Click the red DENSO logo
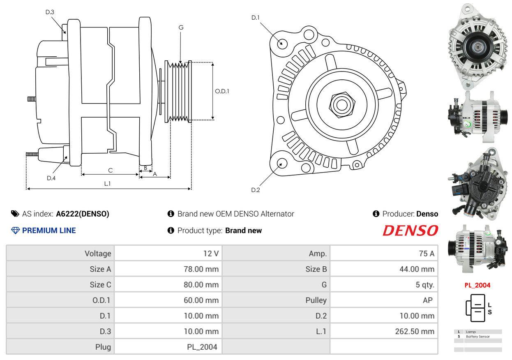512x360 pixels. point(410,231)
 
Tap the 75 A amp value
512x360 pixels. point(426,254)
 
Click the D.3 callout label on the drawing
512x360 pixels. point(50,12)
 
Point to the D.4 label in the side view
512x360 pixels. point(51,178)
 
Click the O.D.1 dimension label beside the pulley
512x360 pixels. point(222,91)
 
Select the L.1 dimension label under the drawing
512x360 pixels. point(107,184)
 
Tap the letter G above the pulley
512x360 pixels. point(181,28)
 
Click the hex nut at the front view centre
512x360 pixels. point(340,103)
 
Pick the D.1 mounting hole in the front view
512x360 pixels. point(282,43)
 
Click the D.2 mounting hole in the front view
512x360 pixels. point(281,163)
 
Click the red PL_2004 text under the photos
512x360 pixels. point(477,285)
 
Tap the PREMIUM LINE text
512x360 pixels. point(49,231)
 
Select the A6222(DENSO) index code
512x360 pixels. point(83,214)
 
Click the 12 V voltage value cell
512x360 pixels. point(211,254)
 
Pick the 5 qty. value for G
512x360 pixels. point(425,285)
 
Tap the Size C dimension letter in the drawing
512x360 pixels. point(110,170)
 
